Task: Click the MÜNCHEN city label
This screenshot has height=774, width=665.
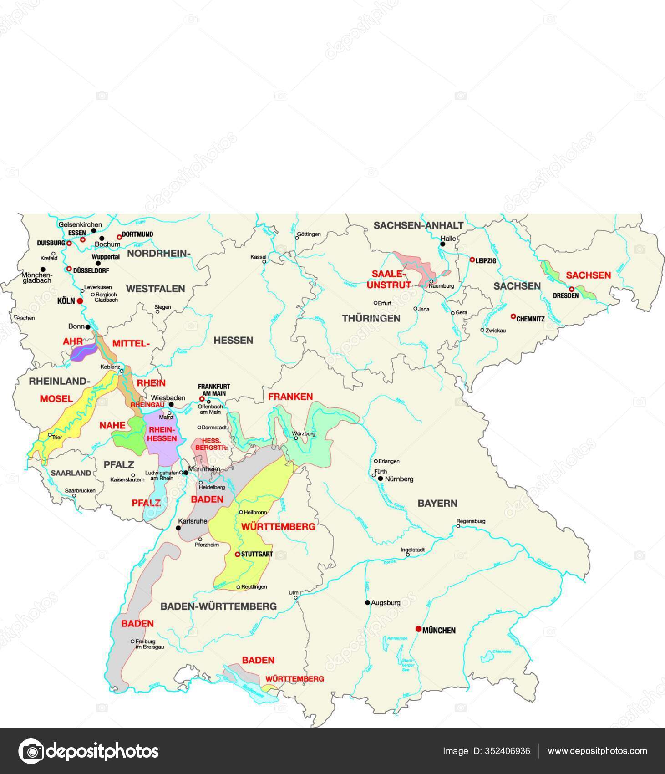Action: pos(439,631)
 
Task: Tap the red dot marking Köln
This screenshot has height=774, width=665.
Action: pos(80,301)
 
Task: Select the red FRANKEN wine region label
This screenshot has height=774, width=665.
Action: pos(290,397)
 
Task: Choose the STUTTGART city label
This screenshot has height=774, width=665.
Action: pos(257,554)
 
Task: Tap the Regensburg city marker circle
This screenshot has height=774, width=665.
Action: pos(458,526)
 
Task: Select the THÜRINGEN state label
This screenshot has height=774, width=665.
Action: pos(371,318)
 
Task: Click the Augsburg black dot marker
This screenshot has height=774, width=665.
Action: pos(367,602)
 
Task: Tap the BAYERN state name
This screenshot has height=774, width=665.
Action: pos(437,503)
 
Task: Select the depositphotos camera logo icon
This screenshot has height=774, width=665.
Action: pos(30,751)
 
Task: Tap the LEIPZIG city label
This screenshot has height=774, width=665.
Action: pos(486,261)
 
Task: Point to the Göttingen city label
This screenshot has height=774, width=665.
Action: pos(309,234)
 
